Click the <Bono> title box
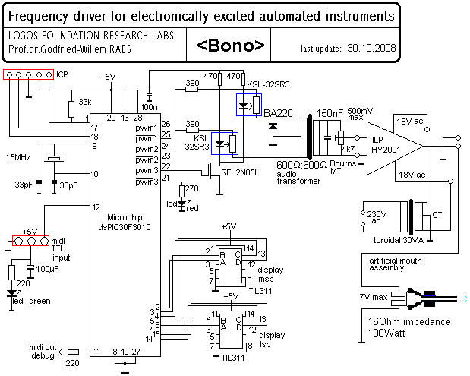pyautogui.click(x=232, y=46)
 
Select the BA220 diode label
pyautogui.click(x=279, y=112)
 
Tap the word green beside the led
pyautogui.click(x=40, y=301)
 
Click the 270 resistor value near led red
pyautogui.click(x=191, y=188)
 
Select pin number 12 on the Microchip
pyautogui.click(x=96, y=207)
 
